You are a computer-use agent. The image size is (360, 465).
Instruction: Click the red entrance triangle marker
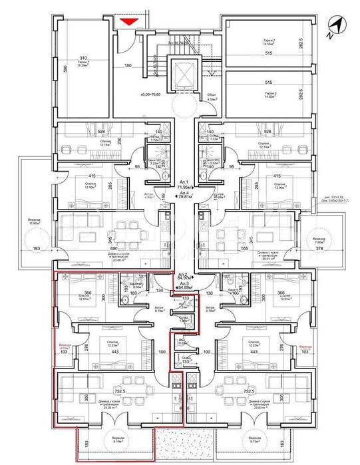(x=129, y=23)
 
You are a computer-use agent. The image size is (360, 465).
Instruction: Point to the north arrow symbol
(x=337, y=25)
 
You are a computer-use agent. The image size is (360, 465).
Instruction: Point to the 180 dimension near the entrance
(x=128, y=65)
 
